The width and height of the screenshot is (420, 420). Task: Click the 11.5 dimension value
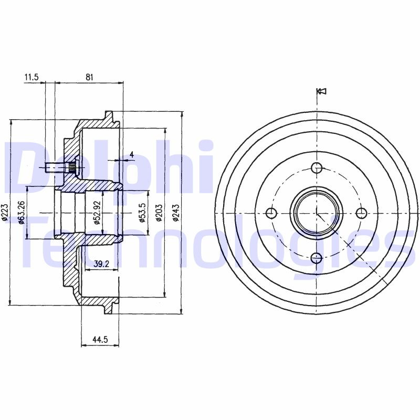(31, 77)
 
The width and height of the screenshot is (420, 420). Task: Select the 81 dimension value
(89, 77)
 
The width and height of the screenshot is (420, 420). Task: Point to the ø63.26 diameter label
(22, 212)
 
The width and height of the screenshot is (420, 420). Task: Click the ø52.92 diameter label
(97, 213)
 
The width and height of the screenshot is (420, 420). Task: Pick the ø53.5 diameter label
(142, 212)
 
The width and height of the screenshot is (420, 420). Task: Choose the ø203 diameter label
(159, 213)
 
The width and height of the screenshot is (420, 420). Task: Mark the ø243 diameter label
(175, 213)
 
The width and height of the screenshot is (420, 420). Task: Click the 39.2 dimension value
(102, 264)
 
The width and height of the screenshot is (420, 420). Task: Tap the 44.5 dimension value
(100, 340)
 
